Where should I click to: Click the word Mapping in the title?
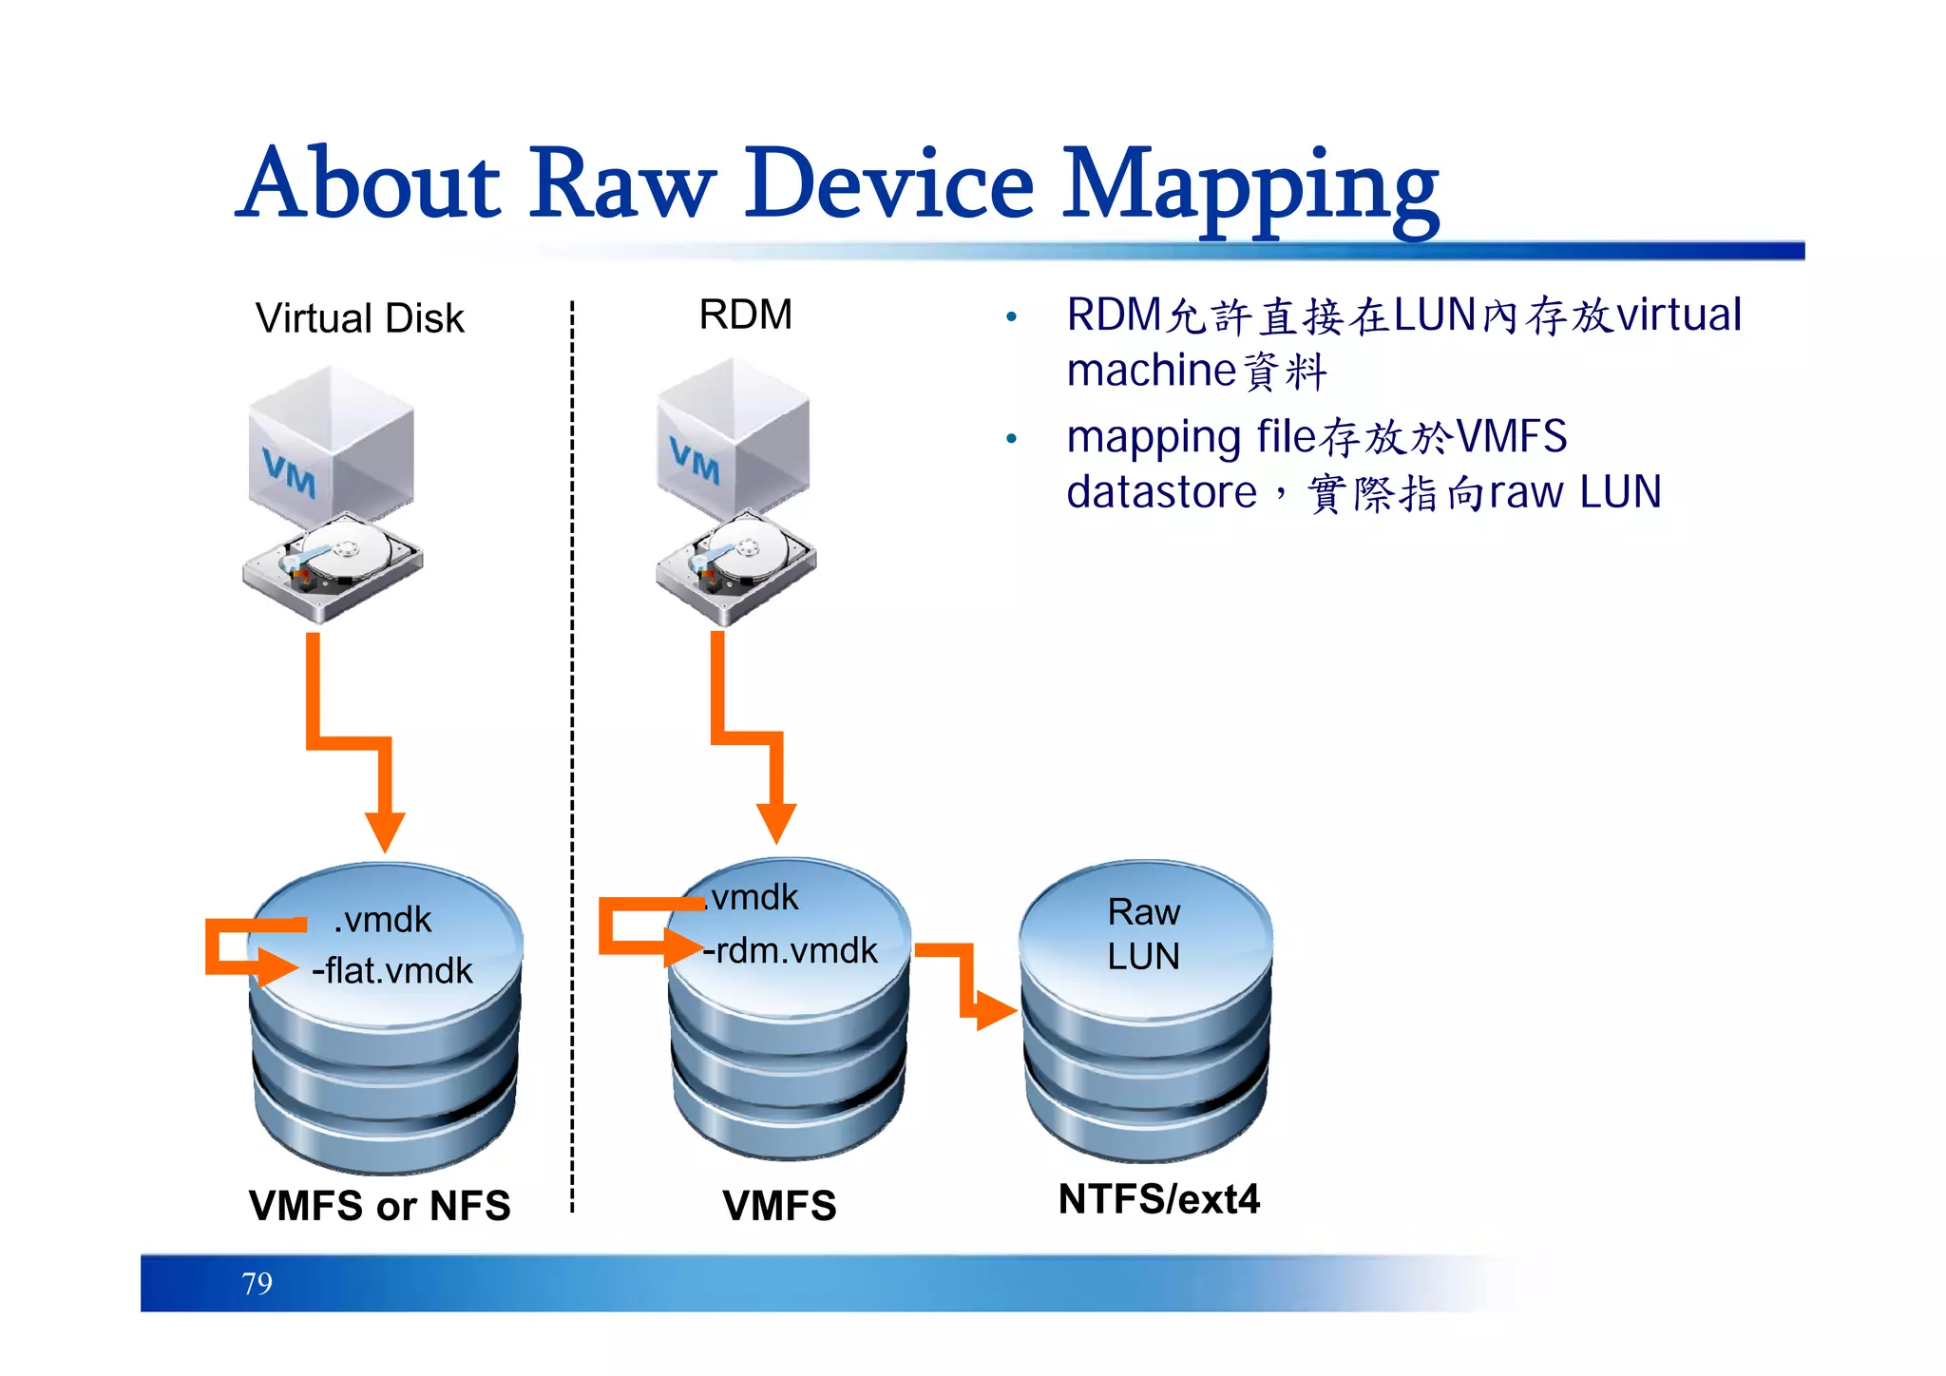coord(1249,185)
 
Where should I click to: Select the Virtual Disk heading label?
coord(359,318)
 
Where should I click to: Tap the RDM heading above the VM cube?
coord(745,315)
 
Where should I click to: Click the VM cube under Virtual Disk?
coord(330,447)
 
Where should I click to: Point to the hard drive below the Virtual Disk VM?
coord(333,565)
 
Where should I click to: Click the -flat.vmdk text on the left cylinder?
coord(391,970)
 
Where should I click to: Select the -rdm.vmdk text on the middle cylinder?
coord(791,950)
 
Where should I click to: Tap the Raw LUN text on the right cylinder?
coord(1144,934)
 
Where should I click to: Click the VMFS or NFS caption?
coord(379,1205)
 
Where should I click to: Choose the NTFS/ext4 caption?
coord(1158,1199)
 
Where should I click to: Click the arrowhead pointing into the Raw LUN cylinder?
coord(996,1010)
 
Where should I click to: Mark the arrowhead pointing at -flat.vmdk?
coord(278,967)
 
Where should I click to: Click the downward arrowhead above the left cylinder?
coord(385,831)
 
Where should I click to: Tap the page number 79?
coord(257,1284)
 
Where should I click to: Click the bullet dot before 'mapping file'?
coord(1011,438)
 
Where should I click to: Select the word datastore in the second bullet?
coord(1161,492)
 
